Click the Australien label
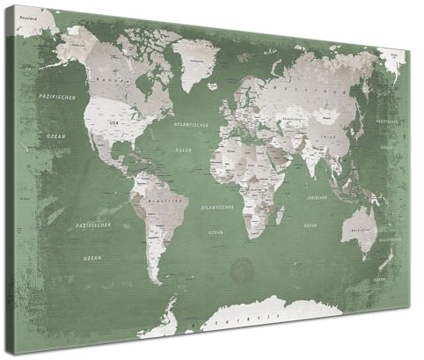[361, 231]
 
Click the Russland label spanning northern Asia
[299, 88]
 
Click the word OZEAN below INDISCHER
[310, 226]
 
